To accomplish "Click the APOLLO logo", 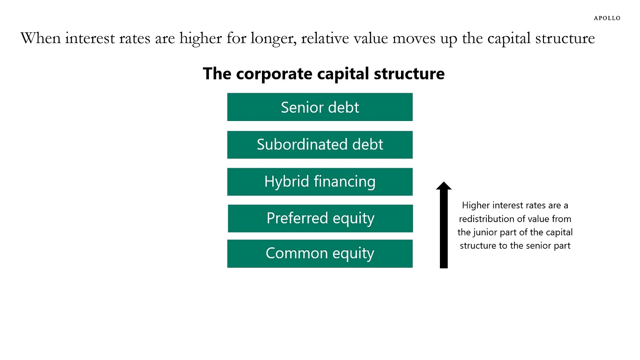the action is coord(607,18).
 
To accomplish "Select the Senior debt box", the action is coord(320,107).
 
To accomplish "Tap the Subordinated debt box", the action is coord(320,145).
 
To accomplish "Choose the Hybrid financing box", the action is coord(320,182).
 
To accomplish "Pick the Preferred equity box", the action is coord(320,218).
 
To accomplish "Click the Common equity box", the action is coord(320,254).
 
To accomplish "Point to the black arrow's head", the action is coord(444,186).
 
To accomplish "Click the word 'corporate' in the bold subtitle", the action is coord(274,74).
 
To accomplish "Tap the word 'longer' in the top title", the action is coord(274,39).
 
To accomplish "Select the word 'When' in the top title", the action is coord(41,38).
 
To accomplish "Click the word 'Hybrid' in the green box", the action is coord(287,182).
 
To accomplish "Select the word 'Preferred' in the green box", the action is coord(297,218).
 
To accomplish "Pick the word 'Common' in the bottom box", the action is coord(297,253).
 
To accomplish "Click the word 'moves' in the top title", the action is coord(414,39).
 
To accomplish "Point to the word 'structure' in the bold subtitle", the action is coord(409,74).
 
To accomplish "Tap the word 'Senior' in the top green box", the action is coord(302,107).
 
